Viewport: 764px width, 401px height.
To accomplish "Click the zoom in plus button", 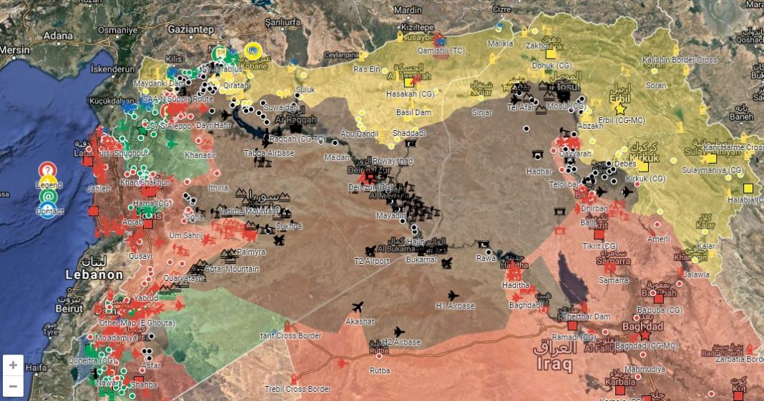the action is click(x=13, y=365).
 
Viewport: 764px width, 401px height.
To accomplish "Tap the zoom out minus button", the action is click(x=13, y=386).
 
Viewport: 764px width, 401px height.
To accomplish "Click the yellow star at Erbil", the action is click(x=619, y=109).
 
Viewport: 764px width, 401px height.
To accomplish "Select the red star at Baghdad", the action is click(x=645, y=335).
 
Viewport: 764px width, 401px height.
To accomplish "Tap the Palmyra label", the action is click(x=251, y=252).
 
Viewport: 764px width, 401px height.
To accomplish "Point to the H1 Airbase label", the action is click(x=455, y=306).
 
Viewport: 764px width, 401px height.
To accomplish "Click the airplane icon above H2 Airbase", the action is click(x=398, y=332).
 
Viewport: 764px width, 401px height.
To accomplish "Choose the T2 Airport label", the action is click(x=371, y=261).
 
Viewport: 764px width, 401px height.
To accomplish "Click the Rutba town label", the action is click(x=379, y=370).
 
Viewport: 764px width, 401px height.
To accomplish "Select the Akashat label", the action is click(x=360, y=322).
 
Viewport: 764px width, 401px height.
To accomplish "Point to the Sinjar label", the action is click(x=483, y=112).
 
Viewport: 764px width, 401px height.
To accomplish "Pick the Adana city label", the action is click(x=58, y=34).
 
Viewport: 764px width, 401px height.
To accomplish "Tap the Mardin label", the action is click(x=408, y=10).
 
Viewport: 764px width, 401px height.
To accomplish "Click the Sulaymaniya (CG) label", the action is click(x=712, y=170).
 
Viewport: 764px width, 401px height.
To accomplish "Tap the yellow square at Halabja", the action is click(x=748, y=188).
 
